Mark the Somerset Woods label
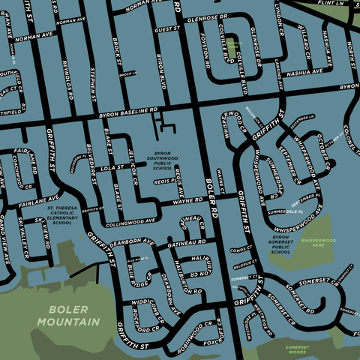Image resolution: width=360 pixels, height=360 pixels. click(302, 350)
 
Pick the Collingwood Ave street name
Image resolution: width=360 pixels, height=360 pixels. click(131, 223)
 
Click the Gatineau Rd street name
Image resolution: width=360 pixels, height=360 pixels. click(187, 244)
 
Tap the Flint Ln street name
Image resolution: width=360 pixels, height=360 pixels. click(334, 4)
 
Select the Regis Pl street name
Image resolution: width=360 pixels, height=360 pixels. click(165, 181)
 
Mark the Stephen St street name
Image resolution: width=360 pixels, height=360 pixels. click(92, 82)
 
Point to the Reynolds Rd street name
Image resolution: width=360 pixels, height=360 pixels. click(67, 79)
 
